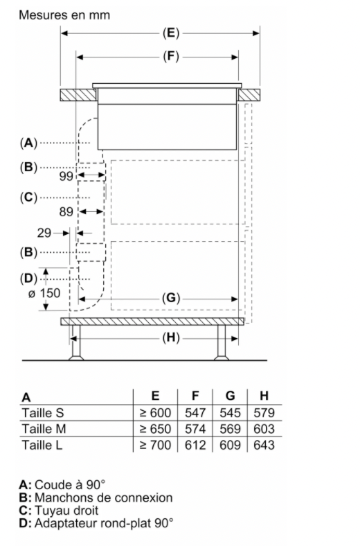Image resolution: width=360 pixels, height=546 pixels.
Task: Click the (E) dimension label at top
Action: coord(171,33)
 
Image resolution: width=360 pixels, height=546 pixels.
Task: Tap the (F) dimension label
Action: coord(171,56)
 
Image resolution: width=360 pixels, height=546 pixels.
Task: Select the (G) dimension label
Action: coord(171,298)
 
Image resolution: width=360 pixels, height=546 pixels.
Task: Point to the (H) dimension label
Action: coord(171,337)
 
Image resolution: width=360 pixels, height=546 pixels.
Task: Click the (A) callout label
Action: coord(28,143)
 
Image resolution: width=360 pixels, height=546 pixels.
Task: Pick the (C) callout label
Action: coord(28,197)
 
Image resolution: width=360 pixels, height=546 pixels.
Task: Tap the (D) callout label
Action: coord(28,279)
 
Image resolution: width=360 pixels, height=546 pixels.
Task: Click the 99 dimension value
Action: coord(66,176)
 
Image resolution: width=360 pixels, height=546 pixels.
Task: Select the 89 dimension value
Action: coord(66,212)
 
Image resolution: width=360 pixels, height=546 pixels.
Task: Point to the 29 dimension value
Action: coord(44,233)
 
